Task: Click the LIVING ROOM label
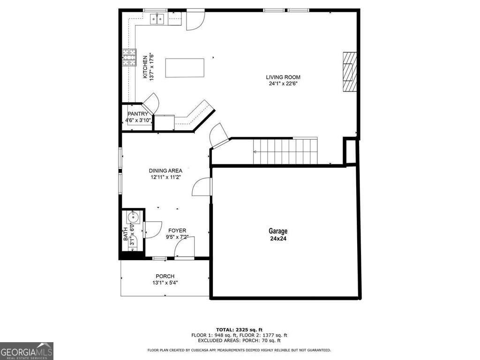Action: (283, 77)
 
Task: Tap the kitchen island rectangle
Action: (185, 68)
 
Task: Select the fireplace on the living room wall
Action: (348, 73)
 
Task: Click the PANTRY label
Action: (138, 114)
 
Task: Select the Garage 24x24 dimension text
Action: (278, 238)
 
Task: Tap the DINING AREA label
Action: (165, 171)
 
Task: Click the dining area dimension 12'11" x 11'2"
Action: (165, 177)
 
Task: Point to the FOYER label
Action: (177, 231)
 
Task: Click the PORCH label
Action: (165, 276)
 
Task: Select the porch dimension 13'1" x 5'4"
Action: (165, 283)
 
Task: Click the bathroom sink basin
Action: (133, 217)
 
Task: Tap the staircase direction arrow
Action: (255, 152)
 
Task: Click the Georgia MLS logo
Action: (27, 351)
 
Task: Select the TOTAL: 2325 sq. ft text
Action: (239, 330)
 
